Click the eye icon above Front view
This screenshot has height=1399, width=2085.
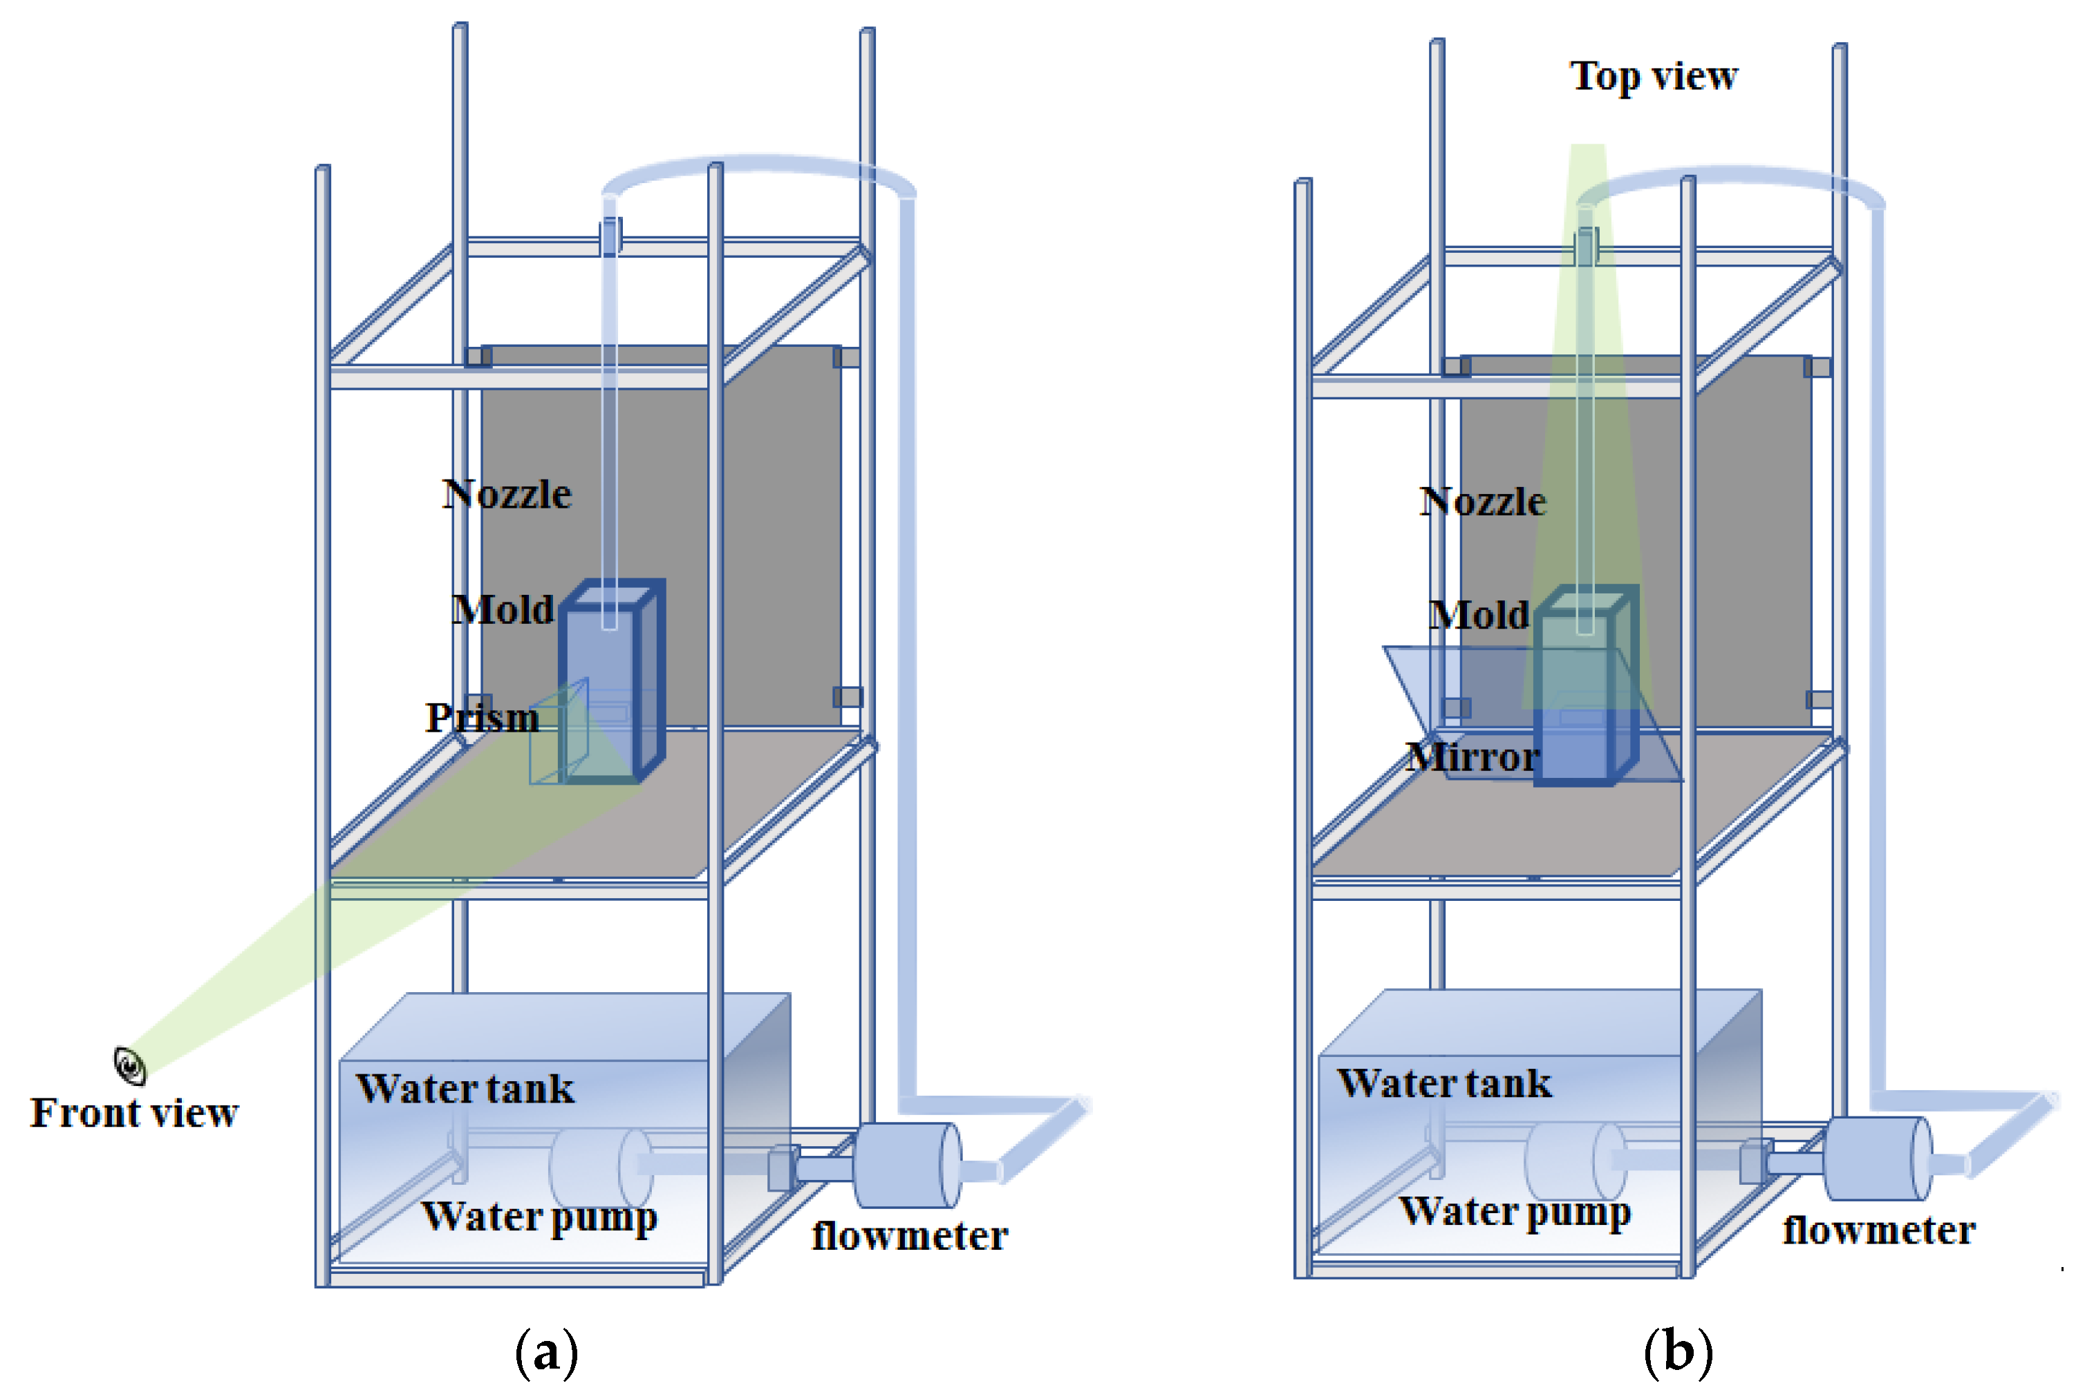[x=129, y=1065]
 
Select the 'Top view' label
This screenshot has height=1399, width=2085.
[x=1653, y=76]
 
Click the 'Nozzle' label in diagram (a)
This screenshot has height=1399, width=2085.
[x=506, y=494]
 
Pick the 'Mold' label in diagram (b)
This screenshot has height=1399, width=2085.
[x=1478, y=616]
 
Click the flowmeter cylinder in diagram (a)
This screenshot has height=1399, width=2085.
[x=906, y=1165]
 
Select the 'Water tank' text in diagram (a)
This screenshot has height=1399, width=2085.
[x=465, y=1089]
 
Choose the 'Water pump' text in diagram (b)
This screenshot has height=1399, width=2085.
[x=1515, y=1212]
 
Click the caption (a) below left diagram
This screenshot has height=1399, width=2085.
[x=546, y=1353]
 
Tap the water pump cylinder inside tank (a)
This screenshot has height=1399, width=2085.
[x=600, y=1167]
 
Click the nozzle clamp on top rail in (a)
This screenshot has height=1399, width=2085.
[x=610, y=236]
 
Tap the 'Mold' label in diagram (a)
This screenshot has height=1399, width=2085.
[x=503, y=610]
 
